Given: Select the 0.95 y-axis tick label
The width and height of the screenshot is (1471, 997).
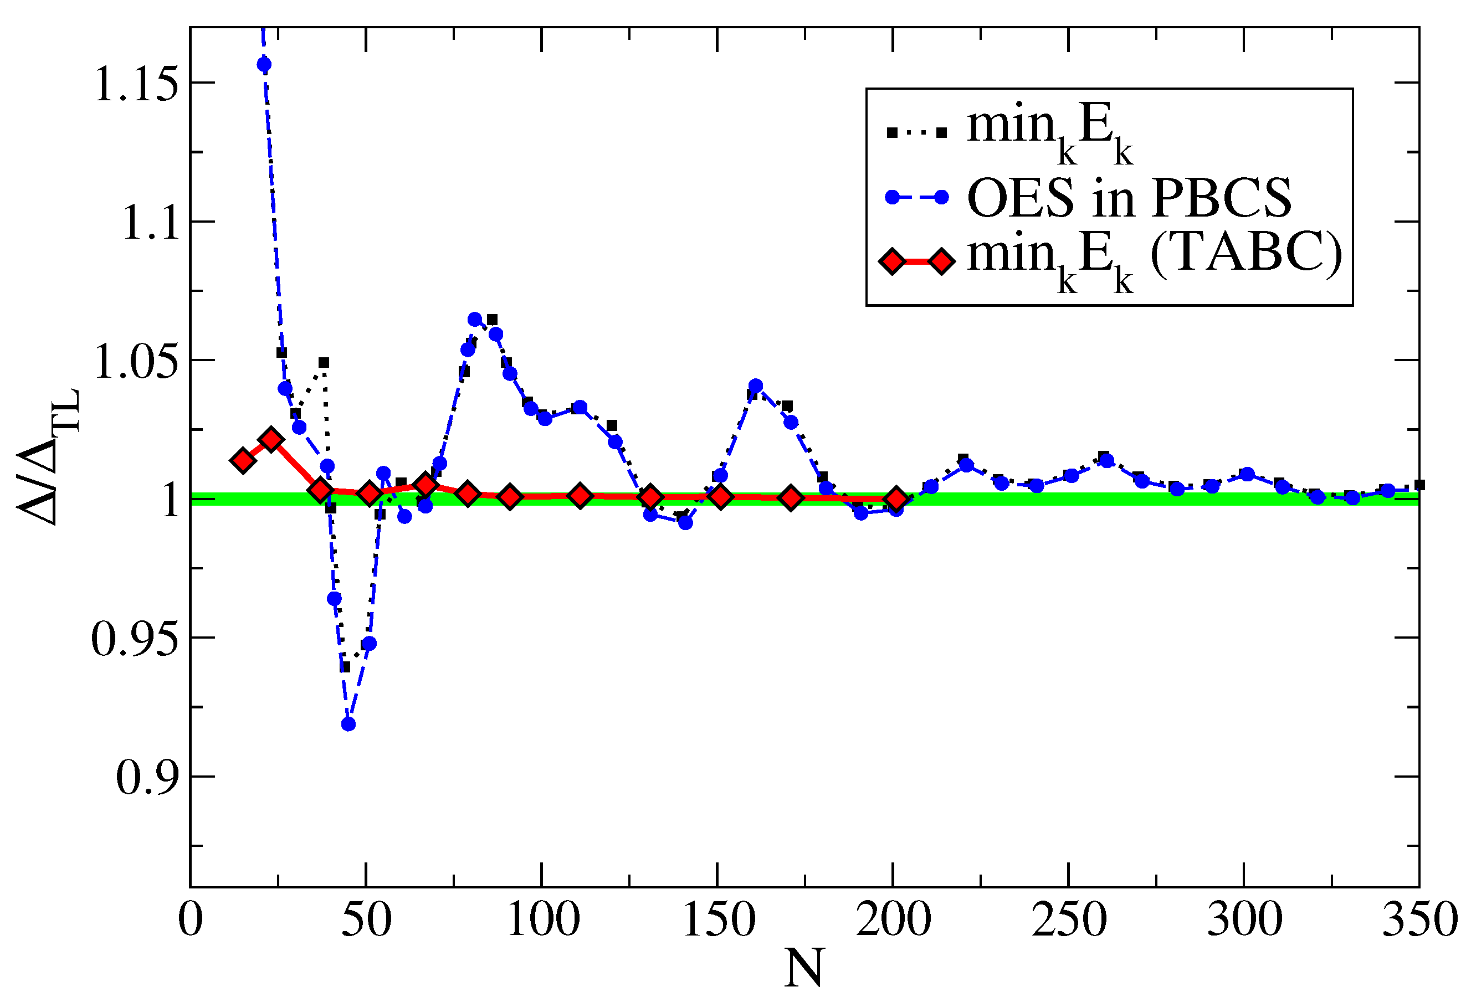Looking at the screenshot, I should point(135,639).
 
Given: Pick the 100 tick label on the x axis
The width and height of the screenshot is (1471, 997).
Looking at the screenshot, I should point(543,920).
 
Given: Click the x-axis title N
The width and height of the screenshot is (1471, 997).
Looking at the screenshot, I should point(803,968).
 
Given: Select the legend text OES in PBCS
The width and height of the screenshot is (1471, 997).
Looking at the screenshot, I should point(1129,198).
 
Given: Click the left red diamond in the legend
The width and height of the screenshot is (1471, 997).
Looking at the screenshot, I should point(893,261).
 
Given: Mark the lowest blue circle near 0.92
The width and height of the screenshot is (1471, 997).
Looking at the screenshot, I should point(348,724).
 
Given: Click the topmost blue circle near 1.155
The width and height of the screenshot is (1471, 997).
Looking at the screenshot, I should point(265,64).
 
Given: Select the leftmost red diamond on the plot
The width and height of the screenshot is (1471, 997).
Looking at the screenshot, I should point(243,460).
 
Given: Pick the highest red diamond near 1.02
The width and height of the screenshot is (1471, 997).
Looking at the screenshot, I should point(271,440).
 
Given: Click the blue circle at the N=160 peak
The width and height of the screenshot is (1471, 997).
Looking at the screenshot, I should point(756,386).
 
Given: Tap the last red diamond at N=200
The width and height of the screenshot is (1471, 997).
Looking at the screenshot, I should point(896,500).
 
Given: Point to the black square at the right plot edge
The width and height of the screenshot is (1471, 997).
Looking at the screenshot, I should point(1419,485).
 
